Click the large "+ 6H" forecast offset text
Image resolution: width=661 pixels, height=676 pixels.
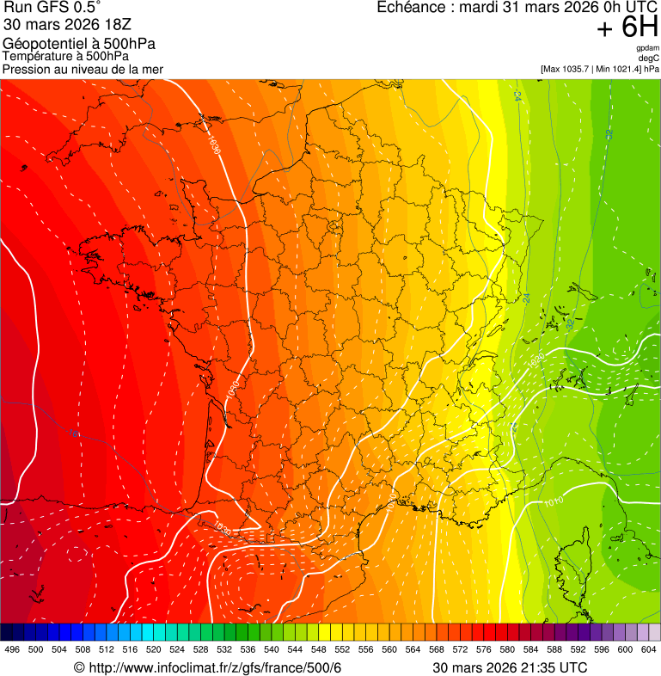[627, 28]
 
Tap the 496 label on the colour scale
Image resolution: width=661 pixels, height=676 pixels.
[12, 650]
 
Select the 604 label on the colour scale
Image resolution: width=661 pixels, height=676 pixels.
[649, 650]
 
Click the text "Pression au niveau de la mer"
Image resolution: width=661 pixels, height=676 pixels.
[83, 69]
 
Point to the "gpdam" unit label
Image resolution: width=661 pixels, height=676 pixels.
[648, 48]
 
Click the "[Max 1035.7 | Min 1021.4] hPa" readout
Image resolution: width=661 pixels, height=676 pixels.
[599, 68]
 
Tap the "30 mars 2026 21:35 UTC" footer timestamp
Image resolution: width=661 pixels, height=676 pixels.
[510, 667]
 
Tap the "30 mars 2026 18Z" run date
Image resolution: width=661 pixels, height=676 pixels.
[67, 25]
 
